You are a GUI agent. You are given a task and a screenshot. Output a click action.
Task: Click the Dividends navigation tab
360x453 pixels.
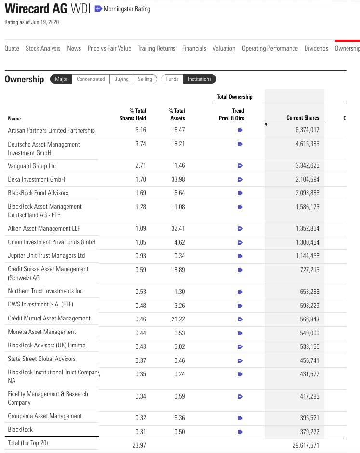click(316, 48)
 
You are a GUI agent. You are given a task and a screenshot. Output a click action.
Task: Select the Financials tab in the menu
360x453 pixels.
click(194, 48)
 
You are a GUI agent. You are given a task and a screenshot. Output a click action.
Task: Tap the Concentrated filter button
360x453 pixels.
click(91, 79)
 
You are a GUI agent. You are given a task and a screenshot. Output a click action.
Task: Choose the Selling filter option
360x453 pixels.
click(145, 79)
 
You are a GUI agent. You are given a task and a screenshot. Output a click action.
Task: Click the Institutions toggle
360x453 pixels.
click(200, 79)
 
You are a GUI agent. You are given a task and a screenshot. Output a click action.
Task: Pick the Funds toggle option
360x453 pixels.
click(172, 79)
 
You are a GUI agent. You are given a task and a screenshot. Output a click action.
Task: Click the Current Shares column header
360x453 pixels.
click(302, 118)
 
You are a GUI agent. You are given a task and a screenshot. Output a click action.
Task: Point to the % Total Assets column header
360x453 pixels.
click(176, 114)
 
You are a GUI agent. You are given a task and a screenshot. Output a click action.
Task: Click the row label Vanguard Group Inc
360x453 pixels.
click(32, 166)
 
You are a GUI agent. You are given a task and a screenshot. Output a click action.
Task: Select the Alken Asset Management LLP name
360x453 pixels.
click(44, 228)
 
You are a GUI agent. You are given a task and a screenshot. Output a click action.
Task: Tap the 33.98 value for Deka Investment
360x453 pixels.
click(178, 179)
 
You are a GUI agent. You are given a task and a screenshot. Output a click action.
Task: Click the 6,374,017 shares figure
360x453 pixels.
click(307, 130)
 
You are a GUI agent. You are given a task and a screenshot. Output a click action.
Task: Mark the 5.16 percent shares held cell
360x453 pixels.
click(140, 130)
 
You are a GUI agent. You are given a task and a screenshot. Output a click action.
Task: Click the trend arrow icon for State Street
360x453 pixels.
click(240, 360)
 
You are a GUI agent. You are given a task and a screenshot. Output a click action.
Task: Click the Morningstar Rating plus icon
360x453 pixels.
click(98, 9)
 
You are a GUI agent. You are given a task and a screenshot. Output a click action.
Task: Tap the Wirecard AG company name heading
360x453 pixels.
click(36, 9)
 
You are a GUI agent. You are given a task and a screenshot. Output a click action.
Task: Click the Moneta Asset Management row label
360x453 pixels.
click(42, 332)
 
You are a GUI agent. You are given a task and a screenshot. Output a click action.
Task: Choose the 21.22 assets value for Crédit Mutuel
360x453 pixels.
click(178, 319)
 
